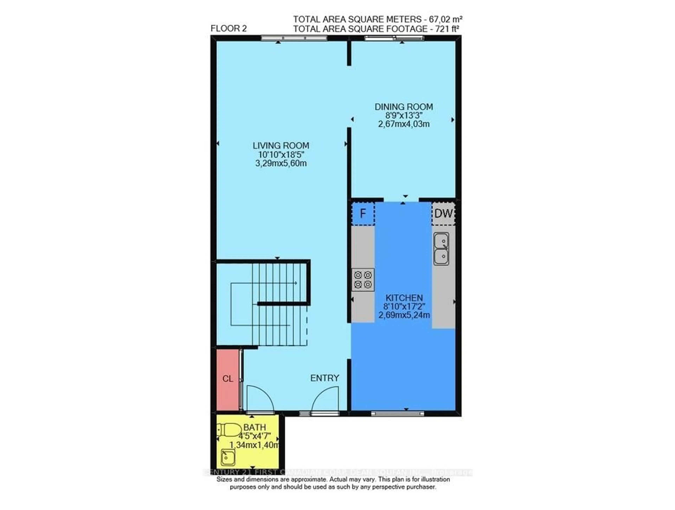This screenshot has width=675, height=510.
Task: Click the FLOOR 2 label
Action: [x=229, y=29]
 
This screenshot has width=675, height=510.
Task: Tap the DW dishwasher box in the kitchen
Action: [x=443, y=213]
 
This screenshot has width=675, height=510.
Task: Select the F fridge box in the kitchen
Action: [x=363, y=213]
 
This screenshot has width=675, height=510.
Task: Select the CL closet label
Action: [x=228, y=379]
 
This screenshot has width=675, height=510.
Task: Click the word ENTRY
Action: [x=325, y=378]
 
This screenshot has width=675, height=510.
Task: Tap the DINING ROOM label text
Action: [x=404, y=107]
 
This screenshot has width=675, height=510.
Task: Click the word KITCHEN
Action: [x=404, y=298]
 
